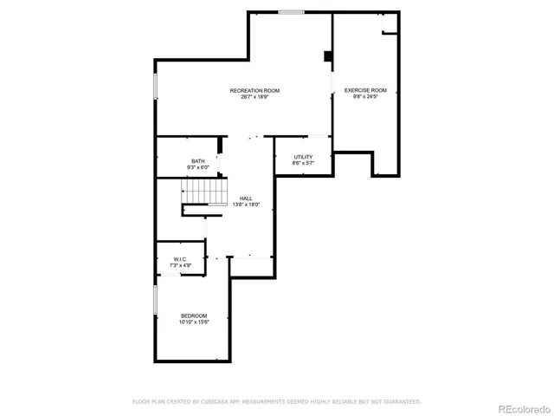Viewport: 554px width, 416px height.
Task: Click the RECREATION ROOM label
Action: point(254,90)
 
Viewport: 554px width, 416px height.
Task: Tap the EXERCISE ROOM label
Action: point(365,90)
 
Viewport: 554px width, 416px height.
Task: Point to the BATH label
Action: point(198,161)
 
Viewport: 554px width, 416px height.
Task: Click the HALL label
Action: point(247,198)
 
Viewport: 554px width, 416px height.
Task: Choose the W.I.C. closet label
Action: point(180,258)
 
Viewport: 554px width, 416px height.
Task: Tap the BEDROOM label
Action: point(194,315)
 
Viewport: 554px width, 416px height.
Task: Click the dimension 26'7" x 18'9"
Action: point(254,96)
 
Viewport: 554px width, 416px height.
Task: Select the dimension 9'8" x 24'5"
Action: point(365,96)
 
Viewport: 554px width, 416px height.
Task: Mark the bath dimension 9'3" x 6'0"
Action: point(198,167)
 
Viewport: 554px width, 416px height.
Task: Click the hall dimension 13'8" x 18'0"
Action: point(247,205)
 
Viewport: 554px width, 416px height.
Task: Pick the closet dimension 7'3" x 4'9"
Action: point(180,264)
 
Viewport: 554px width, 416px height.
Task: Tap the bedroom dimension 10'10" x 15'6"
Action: point(194,321)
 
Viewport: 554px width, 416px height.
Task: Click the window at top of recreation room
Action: point(292,11)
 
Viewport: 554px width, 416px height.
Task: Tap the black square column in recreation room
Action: point(328,57)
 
